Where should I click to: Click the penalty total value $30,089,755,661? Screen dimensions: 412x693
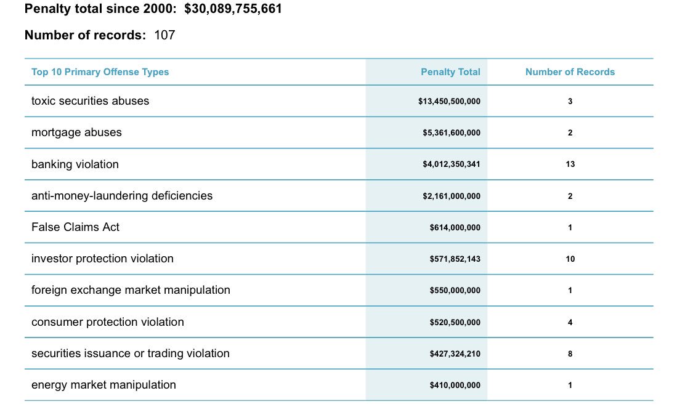[233, 9]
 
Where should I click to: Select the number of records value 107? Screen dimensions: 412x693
[164, 35]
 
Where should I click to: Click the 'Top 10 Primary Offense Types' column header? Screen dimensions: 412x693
[100, 72]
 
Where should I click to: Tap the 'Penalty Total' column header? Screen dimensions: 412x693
[450, 72]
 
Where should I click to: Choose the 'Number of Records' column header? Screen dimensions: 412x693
[570, 72]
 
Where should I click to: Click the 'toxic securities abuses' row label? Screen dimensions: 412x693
[90, 101]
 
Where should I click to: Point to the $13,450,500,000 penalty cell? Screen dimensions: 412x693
[449, 102]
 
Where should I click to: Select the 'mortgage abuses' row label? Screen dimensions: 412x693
[76, 132]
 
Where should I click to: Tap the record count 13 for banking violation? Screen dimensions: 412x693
[570, 164]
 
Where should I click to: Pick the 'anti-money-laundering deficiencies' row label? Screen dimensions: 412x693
[122, 196]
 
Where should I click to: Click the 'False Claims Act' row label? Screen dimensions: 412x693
[75, 227]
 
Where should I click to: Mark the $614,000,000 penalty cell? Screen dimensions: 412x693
[455, 228]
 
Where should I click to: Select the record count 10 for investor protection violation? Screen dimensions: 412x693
[570, 259]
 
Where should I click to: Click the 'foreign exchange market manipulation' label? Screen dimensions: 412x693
[131, 290]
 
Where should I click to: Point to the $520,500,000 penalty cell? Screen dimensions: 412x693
[455, 323]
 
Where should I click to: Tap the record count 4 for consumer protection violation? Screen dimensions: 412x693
[570, 322]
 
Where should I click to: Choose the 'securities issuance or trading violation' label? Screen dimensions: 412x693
[130, 353]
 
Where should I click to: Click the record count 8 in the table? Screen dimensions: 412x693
[570, 354]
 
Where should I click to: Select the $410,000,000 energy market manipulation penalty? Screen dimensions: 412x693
[455, 386]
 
